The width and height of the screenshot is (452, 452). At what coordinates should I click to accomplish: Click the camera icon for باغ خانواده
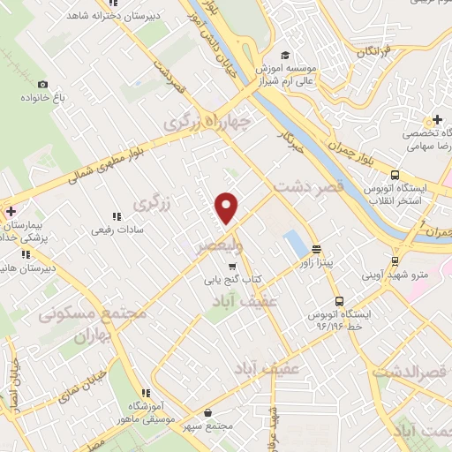pos(42,85)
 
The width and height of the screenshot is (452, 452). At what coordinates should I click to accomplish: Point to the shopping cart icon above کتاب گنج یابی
pos(232,267)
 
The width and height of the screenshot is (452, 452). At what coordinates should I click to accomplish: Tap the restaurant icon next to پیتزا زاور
pos(316,249)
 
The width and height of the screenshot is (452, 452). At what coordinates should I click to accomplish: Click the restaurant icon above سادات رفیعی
pos(116,215)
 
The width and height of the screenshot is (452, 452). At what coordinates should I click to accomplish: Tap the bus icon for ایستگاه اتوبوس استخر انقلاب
pos(395,175)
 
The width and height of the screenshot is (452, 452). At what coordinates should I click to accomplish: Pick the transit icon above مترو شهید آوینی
pos(395,260)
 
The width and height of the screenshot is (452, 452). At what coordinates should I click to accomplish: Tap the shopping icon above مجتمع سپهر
pos(207,412)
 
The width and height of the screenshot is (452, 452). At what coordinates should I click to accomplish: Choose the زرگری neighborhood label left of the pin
pos(149,204)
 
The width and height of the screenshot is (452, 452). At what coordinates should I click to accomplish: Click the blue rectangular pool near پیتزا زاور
pos(290,241)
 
